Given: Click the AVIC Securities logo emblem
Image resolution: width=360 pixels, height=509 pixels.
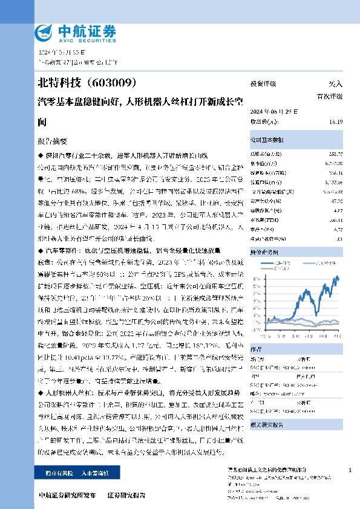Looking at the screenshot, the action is click(46, 31).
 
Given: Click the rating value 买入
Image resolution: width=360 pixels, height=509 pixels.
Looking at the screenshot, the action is click(335, 84).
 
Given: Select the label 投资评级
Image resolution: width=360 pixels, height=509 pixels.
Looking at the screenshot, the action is click(263, 84).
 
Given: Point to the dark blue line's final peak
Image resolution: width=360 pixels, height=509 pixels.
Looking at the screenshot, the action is click(337, 277).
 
